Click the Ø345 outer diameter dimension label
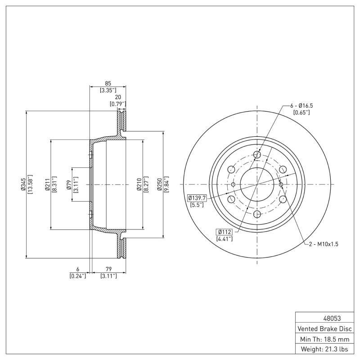(x=22, y=184)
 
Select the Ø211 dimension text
(x=47, y=184)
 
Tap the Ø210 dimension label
(x=139, y=184)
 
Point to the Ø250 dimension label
(x=160, y=184)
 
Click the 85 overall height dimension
(x=108, y=83)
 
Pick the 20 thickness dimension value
(x=117, y=97)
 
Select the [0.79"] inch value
(x=117, y=104)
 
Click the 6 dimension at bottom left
(x=77, y=269)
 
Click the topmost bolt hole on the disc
(x=257, y=155)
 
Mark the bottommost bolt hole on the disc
(x=257, y=215)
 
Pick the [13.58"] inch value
(x=30, y=184)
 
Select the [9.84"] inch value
(x=167, y=184)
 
